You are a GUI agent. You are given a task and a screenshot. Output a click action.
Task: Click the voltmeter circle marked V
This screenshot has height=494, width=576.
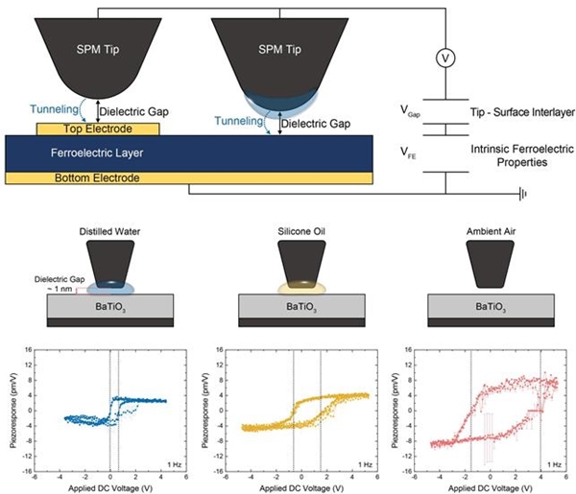click(x=444, y=59)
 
